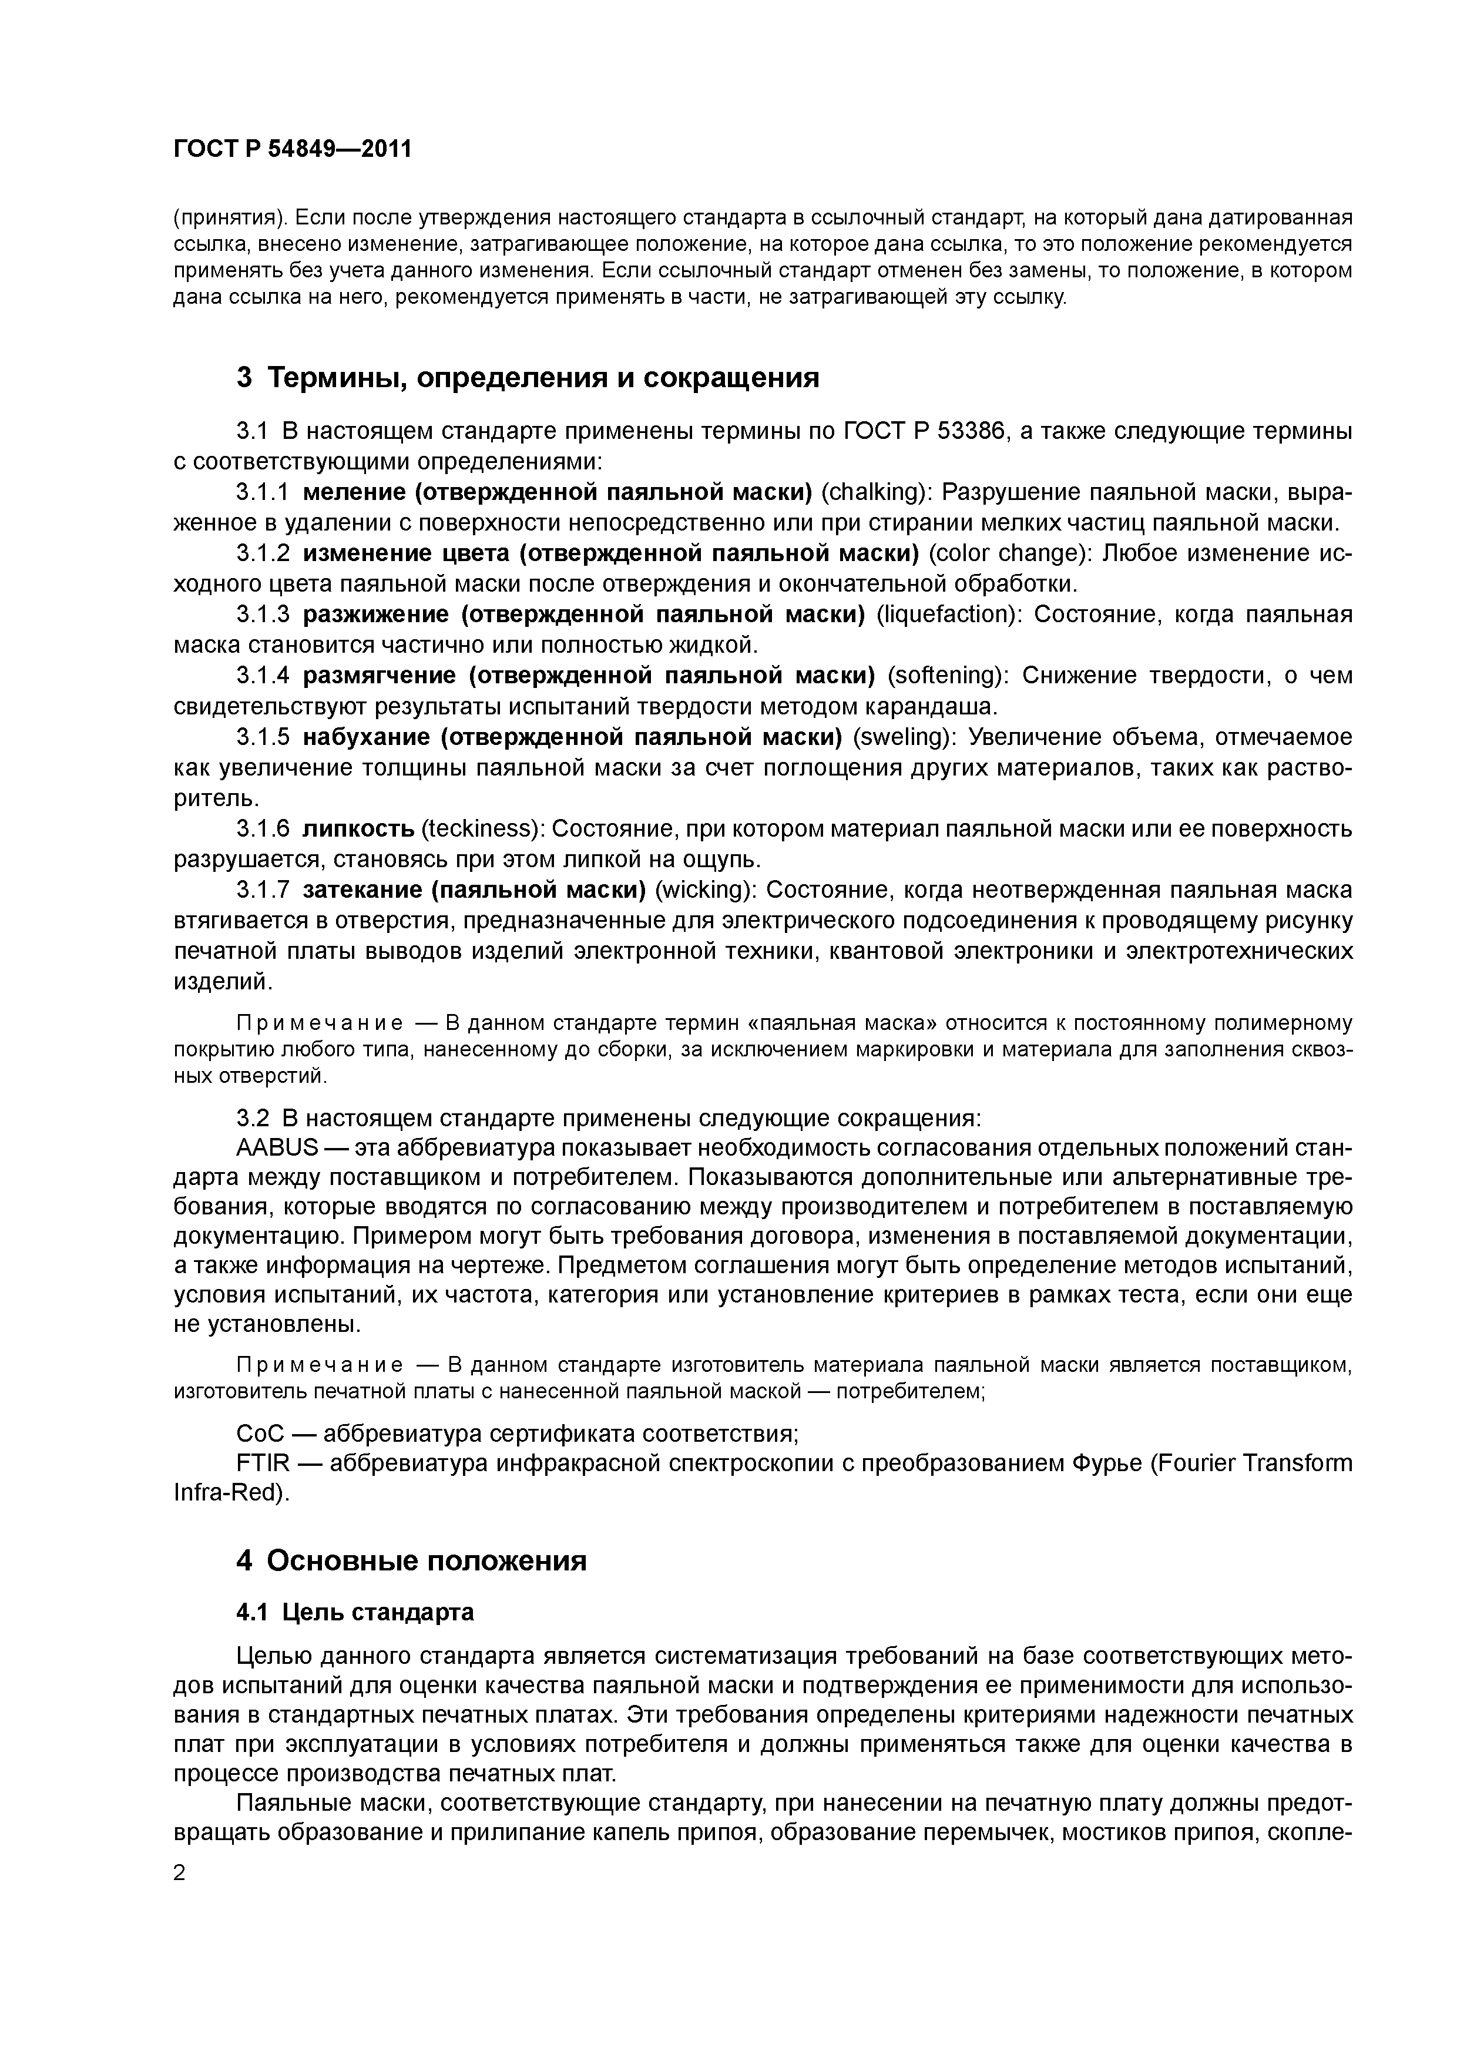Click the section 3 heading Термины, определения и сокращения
528,378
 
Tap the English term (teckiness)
482,828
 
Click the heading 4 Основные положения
411,1561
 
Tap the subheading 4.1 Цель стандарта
355,1613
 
